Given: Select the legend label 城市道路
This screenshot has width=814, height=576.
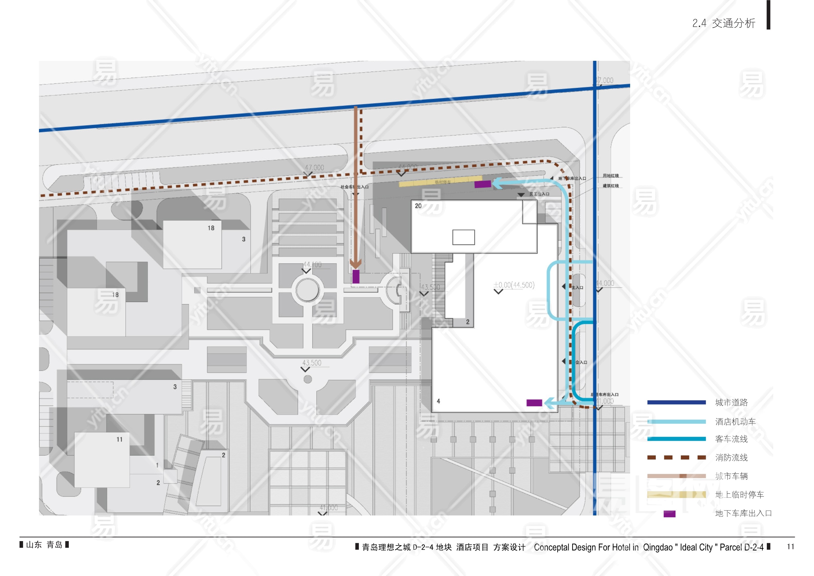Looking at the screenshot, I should coord(731,403).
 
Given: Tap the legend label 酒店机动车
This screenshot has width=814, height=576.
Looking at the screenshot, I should coord(735,422).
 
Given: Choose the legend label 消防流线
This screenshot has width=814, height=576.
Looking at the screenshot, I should coord(731,457).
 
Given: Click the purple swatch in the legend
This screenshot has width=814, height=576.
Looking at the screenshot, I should coord(669,514).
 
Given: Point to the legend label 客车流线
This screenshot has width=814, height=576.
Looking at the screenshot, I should coord(731,439).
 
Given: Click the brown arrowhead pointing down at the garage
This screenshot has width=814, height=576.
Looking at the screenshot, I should coord(356,263).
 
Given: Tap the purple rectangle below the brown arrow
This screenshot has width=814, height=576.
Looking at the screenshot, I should coord(356,277).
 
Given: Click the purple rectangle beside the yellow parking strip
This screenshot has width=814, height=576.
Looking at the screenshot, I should coord(482,184).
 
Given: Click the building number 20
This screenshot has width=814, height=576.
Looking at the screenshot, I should coord(418,206).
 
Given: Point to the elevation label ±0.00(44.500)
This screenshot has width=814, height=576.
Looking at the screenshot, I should coord(514,285).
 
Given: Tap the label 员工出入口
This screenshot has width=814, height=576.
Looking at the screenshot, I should coord(539,194).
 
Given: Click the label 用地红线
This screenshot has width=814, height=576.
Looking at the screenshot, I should coord(610,175).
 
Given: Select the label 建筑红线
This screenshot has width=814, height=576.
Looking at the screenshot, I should coord(610,186).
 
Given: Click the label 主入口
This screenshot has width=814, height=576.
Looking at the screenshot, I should coord(577,288).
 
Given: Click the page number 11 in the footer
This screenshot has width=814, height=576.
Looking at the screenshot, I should coord(790,546).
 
